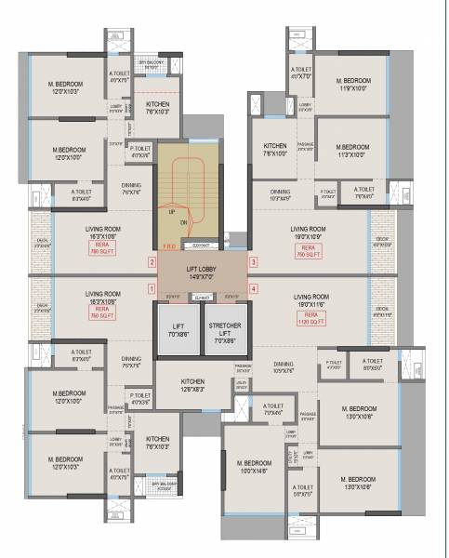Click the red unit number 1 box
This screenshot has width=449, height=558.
(x=152, y=288)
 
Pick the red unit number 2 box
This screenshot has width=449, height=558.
(x=152, y=262)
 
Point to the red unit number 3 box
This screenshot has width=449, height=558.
(x=253, y=262)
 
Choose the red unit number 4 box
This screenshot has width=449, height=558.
(x=253, y=288)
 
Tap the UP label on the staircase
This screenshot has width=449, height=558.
(x=172, y=213)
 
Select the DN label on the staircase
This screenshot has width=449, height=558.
(x=185, y=223)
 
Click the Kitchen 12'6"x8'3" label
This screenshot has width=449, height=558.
(x=193, y=385)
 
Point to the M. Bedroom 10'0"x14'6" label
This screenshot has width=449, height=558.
(x=254, y=467)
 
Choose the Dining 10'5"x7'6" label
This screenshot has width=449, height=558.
(x=284, y=367)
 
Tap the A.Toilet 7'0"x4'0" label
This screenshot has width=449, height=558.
(x=272, y=409)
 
